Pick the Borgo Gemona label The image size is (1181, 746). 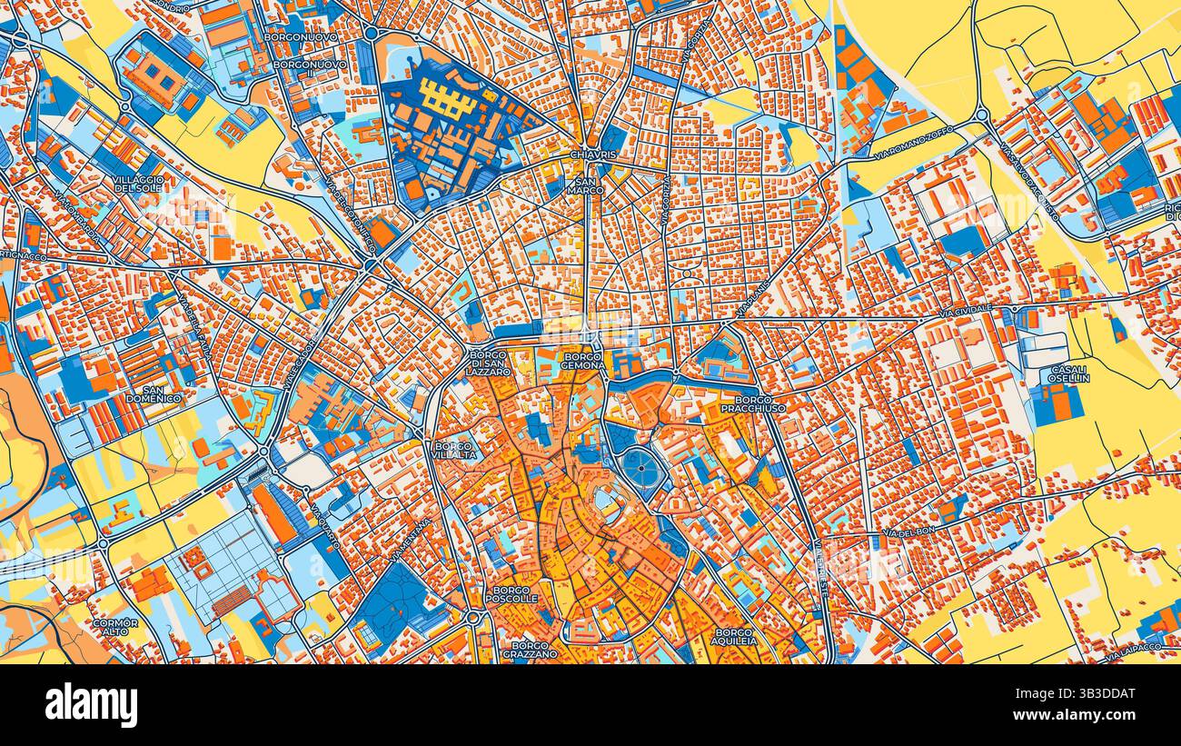(583, 360)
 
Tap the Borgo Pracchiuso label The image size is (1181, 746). (753, 404)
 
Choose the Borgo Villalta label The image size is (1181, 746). (454, 452)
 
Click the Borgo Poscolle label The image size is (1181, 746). (512, 594)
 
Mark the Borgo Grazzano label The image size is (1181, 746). (528, 649)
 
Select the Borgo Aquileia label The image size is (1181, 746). (735, 635)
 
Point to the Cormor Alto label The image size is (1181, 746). (115, 627)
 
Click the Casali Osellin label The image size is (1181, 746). (1068, 373)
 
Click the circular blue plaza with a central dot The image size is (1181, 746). (641, 468)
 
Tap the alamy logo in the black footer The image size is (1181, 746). (91, 705)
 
